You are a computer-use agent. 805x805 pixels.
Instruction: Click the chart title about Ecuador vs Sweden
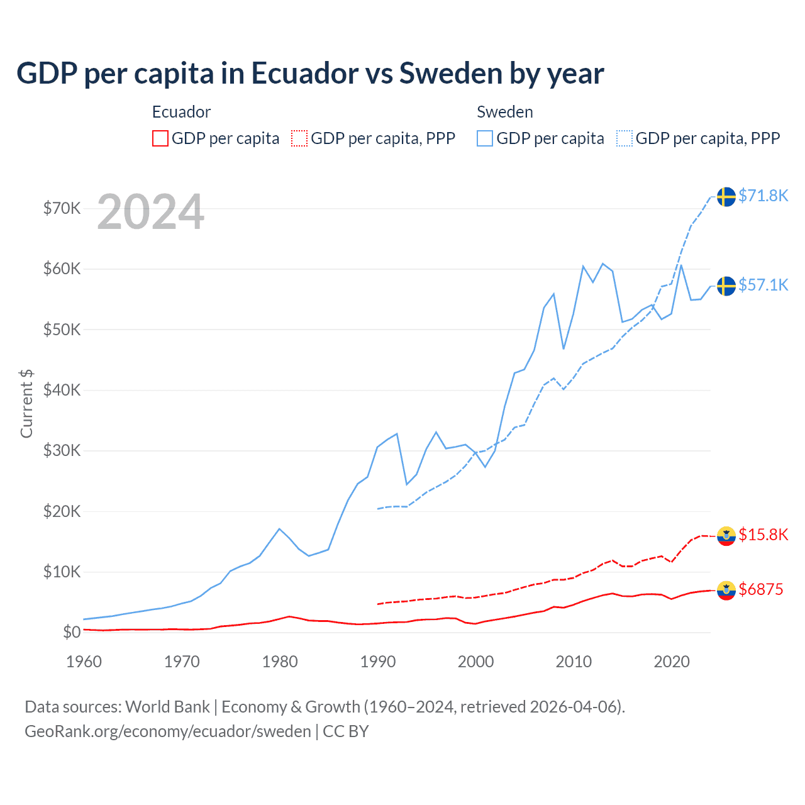tap(310, 74)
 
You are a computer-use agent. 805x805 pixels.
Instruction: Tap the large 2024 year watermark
tap(150, 213)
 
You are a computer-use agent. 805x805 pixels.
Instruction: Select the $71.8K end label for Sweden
tap(763, 196)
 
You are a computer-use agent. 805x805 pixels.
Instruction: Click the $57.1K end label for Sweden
tap(763, 285)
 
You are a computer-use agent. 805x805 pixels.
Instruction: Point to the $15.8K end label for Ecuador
tap(763, 535)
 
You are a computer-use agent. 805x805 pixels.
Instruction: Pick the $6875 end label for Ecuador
tap(760, 589)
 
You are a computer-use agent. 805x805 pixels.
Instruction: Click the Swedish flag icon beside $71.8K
tap(726, 196)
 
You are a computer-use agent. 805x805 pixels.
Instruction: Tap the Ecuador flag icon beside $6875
tap(726, 590)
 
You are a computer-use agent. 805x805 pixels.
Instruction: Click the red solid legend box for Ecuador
tap(160, 138)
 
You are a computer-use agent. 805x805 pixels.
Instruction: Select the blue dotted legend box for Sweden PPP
tap(625, 138)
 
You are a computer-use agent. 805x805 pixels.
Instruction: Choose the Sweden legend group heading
tap(504, 112)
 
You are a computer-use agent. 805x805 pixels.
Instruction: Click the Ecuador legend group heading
tap(181, 112)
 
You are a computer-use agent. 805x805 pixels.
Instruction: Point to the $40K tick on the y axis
tap(62, 390)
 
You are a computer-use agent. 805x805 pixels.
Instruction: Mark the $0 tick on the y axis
tap(72, 632)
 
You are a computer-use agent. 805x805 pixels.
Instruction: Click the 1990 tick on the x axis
tap(378, 662)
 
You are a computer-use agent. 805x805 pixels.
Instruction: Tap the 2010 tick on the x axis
tap(574, 662)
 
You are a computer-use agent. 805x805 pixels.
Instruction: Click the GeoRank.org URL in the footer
tap(168, 731)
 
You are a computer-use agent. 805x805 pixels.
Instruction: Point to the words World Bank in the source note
tap(167, 707)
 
